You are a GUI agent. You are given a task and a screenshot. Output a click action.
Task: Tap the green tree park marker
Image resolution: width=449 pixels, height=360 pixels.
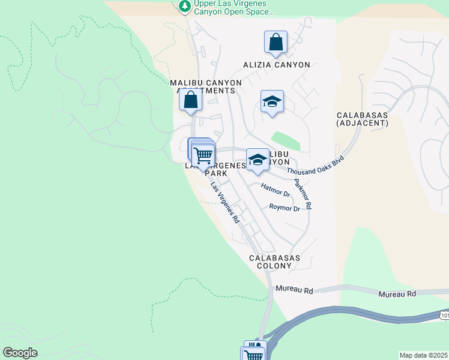click(185, 6)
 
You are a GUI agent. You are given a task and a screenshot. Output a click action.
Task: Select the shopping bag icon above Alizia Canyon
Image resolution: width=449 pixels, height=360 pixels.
click(276, 42)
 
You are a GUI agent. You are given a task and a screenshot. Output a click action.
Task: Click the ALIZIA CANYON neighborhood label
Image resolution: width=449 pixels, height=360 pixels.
click(277, 65)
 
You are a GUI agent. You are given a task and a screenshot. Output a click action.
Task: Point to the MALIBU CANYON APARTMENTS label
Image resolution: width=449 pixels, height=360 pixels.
click(205, 86)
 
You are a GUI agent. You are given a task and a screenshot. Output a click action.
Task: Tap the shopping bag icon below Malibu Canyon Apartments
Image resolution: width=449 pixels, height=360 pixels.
click(191, 99)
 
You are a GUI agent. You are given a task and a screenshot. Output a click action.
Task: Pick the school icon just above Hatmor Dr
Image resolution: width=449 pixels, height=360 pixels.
click(258, 160)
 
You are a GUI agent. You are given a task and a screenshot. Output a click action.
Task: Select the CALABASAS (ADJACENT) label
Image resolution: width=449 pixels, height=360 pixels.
click(363, 119)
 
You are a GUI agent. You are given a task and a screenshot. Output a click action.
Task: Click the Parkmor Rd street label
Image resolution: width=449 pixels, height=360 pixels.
click(303, 193)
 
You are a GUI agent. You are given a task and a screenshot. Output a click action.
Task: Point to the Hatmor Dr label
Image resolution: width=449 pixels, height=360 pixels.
click(276, 190)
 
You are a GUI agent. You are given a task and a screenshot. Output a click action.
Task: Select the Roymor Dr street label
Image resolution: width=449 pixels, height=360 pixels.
click(285, 208)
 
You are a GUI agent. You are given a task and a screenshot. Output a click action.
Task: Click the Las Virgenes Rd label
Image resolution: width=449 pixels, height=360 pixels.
click(225, 203)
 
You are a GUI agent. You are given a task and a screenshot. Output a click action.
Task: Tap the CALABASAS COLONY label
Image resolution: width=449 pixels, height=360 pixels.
click(274, 262)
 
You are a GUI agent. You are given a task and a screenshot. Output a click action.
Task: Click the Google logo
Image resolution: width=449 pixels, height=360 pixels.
click(20, 352)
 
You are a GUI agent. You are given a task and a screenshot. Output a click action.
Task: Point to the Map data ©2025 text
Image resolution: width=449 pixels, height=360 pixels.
click(423, 355)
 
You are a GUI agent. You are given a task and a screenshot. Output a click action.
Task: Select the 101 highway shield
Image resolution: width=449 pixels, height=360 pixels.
click(444, 314)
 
